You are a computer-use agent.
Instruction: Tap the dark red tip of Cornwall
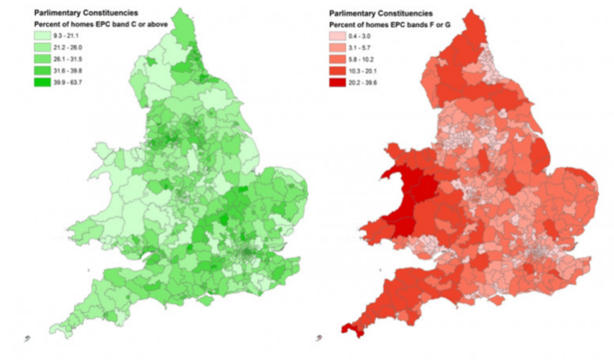click(350, 328)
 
